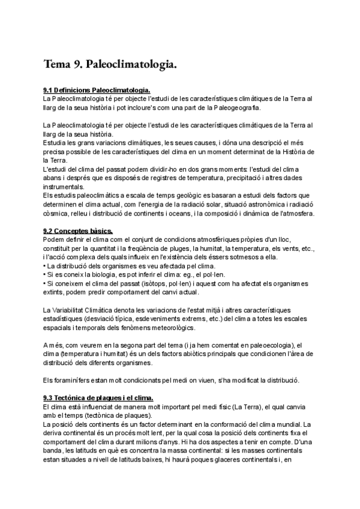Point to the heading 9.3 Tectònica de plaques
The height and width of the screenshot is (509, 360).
pos(98,397)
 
